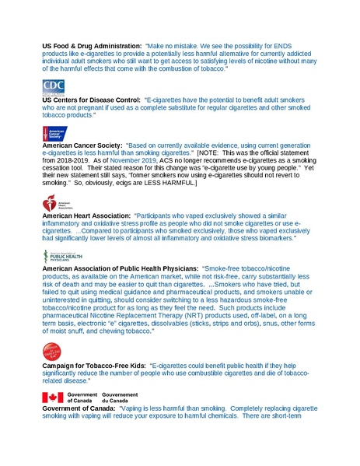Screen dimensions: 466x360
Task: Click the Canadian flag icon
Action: click(x=51, y=397)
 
